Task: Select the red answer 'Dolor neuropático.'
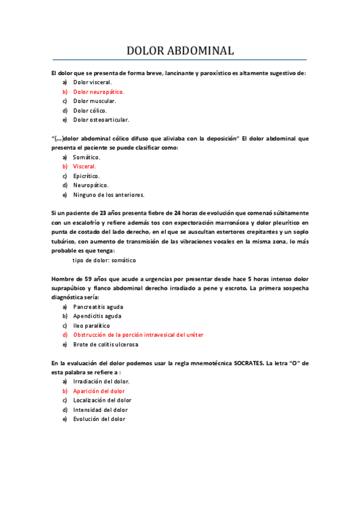99,92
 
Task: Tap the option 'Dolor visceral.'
93,82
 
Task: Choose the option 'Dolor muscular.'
94,101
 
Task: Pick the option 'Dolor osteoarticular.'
101,120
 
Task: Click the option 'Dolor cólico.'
90,111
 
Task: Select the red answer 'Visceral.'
85,167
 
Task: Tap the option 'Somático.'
87,157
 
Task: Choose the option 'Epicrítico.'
87,176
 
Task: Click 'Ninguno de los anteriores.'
109,195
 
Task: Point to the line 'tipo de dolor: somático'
104,260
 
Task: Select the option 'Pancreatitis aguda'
97,307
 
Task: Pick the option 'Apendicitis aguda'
97,316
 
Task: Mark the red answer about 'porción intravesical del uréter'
138,335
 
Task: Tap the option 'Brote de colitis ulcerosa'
106,345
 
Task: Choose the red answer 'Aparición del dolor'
99,391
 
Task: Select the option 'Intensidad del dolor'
100,410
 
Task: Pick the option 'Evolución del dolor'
99,419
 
